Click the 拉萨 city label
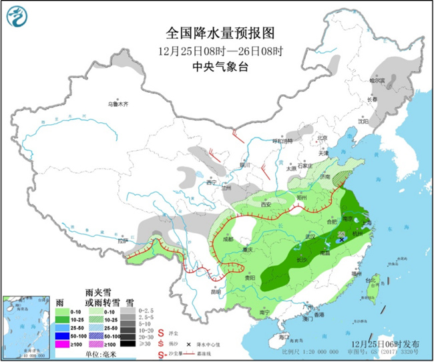122,240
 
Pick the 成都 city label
229,238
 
